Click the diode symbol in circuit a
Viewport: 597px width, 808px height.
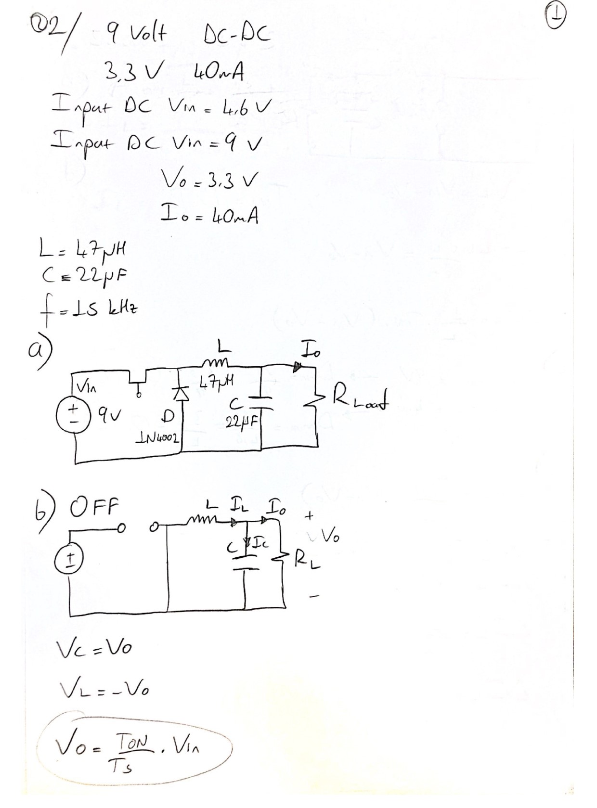tap(182, 394)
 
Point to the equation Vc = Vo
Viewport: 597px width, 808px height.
tap(94, 649)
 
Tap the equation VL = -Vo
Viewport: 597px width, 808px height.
tap(104, 690)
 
